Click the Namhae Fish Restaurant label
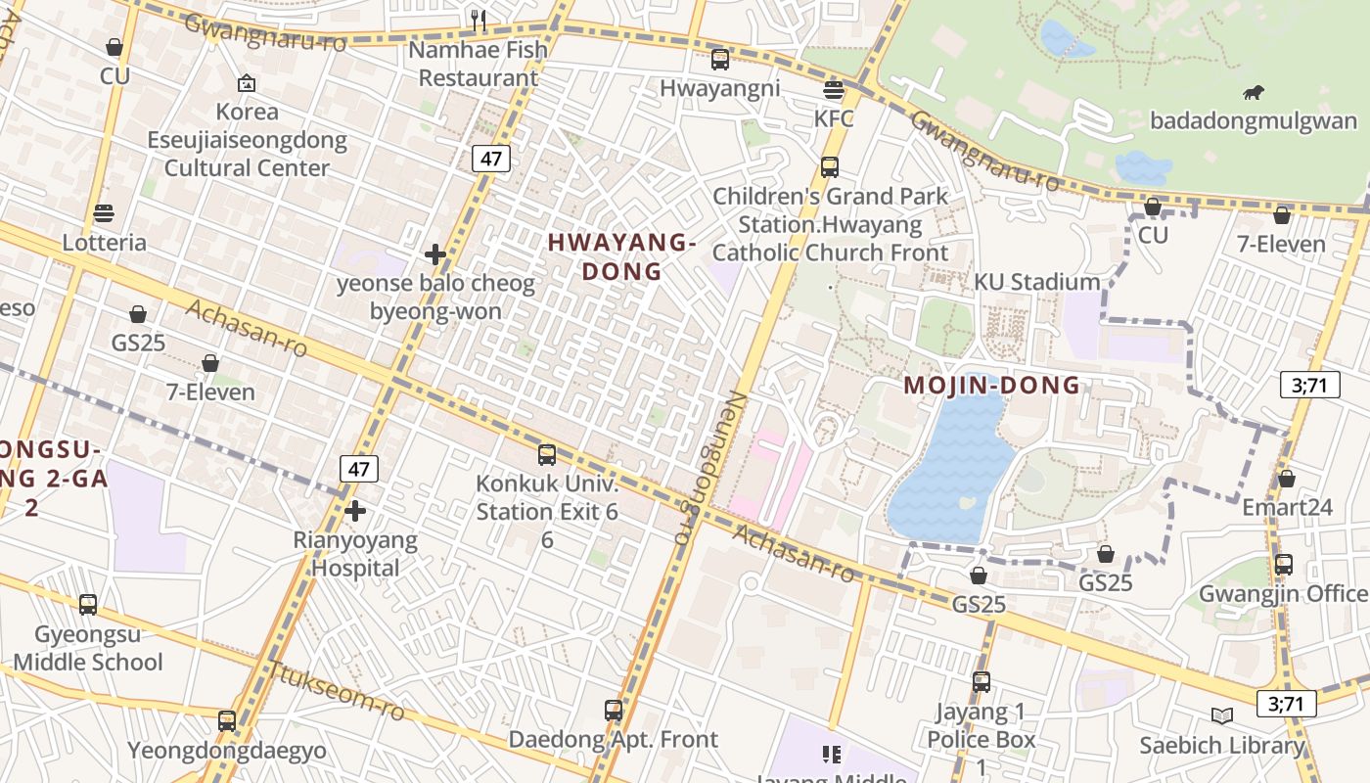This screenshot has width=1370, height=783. (479, 64)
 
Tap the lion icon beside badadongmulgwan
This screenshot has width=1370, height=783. (1253, 93)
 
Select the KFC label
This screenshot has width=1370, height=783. (834, 119)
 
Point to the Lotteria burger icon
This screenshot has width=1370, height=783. (104, 213)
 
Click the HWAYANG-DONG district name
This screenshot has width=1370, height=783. (621, 256)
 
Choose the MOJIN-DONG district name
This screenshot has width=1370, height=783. (991, 385)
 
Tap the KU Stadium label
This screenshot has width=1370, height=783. (1036, 283)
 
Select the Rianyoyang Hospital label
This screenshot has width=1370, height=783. (355, 554)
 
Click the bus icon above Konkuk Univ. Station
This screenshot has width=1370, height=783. (547, 455)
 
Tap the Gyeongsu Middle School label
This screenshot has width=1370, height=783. (88, 648)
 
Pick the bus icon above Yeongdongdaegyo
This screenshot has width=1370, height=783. (227, 721)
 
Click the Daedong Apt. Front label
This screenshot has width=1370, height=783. (613, 739)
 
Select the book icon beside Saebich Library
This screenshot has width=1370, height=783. (1222, 715)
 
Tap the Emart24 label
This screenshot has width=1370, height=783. (1287, 507)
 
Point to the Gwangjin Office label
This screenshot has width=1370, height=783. (1283, 594)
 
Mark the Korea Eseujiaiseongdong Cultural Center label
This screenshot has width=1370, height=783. (247, 139)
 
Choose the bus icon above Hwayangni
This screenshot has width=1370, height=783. (720, 60)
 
